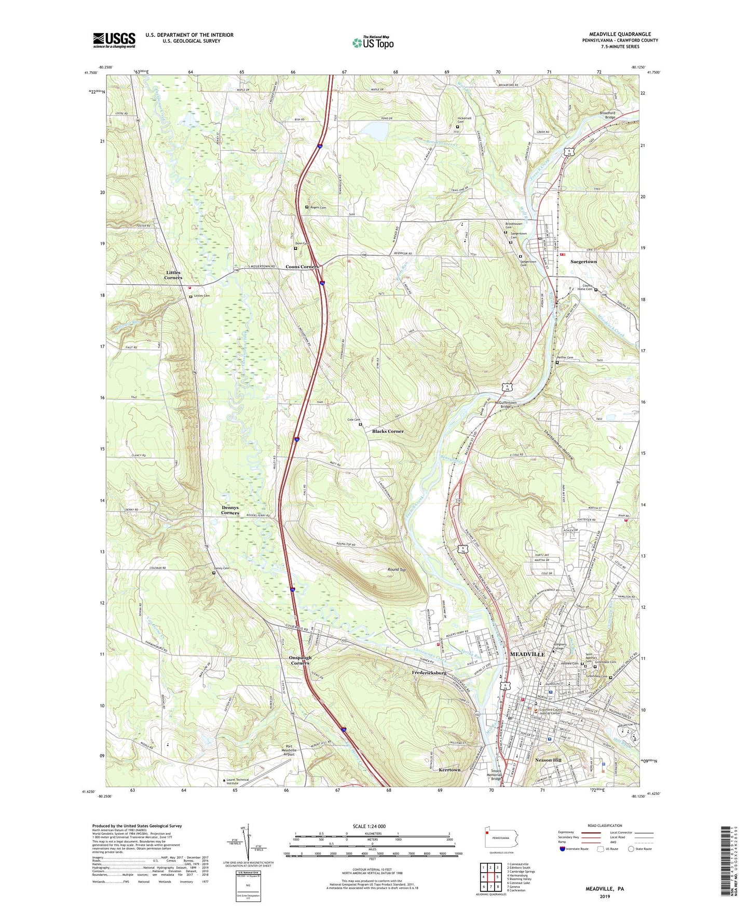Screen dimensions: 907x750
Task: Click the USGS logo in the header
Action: coord(114,40)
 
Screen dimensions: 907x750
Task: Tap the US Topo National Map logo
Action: coord(373,43)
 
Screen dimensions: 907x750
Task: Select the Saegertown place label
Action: coord(583,262)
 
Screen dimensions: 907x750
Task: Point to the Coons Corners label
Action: coord(302,267)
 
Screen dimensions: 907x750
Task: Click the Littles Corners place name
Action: coord(173,275)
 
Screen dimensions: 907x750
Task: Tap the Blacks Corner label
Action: coord(388,431)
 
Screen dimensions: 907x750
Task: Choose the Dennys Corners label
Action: coord(230,510)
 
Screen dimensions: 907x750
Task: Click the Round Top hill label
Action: coord(397,569)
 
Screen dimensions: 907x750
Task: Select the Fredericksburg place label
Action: coord(429,673)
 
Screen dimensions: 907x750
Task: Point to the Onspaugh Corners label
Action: coord(300,660)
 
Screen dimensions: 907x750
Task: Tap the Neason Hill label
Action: coord(548,760)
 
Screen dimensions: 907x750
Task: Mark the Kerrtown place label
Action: coord(449,770)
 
